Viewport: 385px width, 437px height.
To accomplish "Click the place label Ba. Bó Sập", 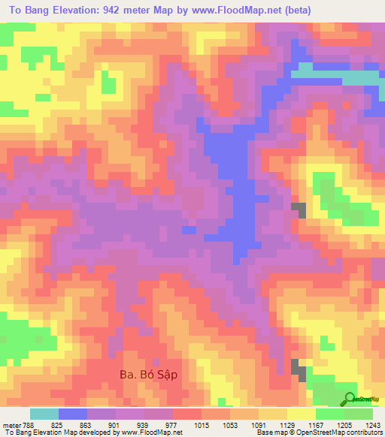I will point(151,373).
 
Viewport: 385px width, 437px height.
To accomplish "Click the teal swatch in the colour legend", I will point(44,414).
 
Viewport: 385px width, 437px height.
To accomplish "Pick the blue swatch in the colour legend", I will point(73,414).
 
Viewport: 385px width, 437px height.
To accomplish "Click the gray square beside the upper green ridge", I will point(299,209).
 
